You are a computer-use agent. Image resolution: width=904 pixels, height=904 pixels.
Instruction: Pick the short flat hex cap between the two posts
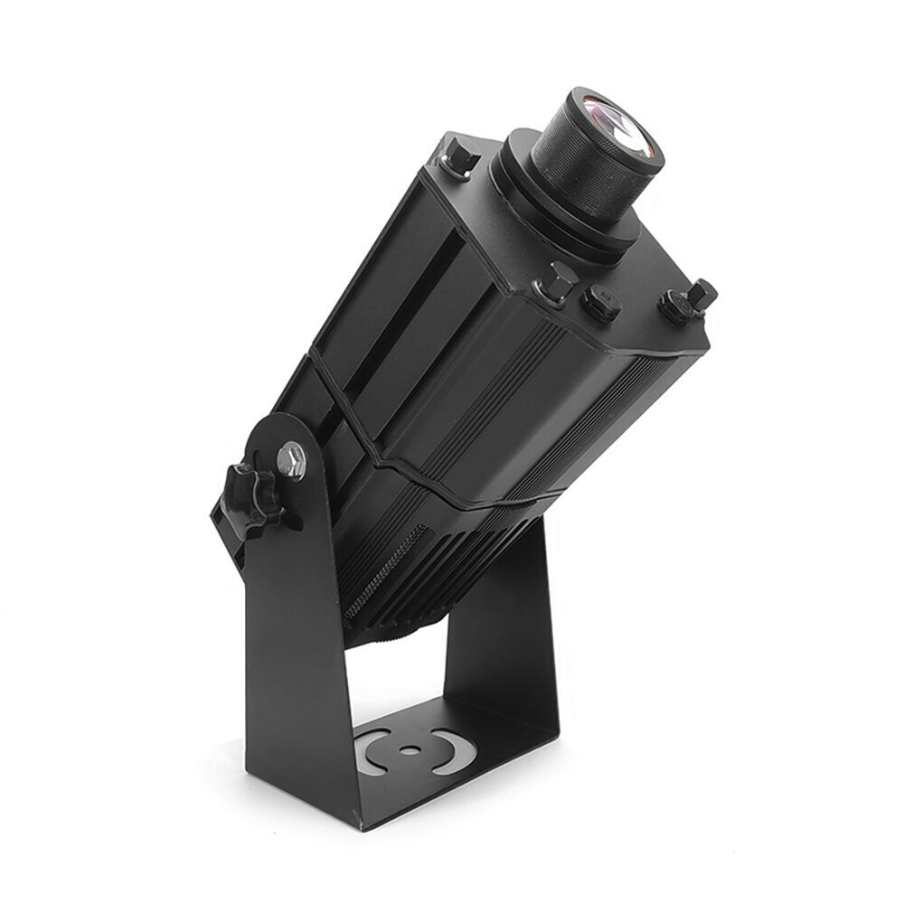pos(600,303)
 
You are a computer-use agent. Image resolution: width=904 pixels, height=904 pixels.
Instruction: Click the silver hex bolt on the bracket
pos(291,460)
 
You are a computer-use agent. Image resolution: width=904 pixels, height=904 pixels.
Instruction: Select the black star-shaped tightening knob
pos(250,498)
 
